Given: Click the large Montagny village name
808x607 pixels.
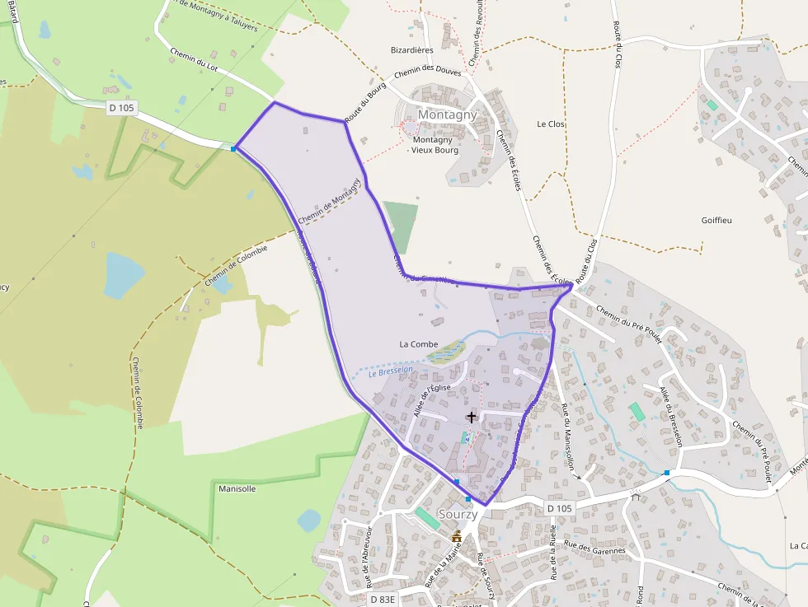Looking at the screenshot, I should click(x=447, y=114).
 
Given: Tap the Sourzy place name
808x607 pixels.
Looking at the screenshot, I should click(x=458, y=514).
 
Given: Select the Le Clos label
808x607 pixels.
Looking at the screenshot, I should click(x=551, y=124).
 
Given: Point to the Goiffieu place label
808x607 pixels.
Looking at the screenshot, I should click(x=716, y=221).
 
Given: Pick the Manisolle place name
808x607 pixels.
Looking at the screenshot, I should click(x=237, y=488).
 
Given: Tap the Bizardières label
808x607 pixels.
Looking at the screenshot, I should click(x=412, y=49).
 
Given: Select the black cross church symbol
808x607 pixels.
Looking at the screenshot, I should click(x=472, y=417).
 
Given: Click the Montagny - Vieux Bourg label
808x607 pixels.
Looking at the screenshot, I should click(x=435, y=145).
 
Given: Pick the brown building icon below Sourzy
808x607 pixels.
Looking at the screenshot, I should click(x=457, y=536).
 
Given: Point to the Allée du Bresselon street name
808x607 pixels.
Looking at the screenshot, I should click(x=671, y=416).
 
